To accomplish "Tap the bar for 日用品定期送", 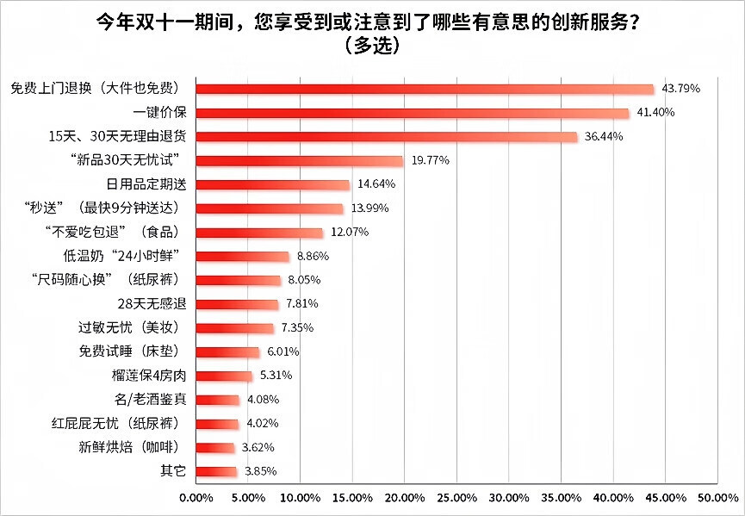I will click(273, 184).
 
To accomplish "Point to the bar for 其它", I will click(217, 471).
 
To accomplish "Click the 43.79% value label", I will click(680, 89).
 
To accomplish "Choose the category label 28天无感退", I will click(152, 304).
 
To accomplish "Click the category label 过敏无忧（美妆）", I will click(133, 328).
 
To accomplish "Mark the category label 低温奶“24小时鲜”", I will click(127, 256).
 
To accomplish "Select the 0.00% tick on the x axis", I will click(196, 498).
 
